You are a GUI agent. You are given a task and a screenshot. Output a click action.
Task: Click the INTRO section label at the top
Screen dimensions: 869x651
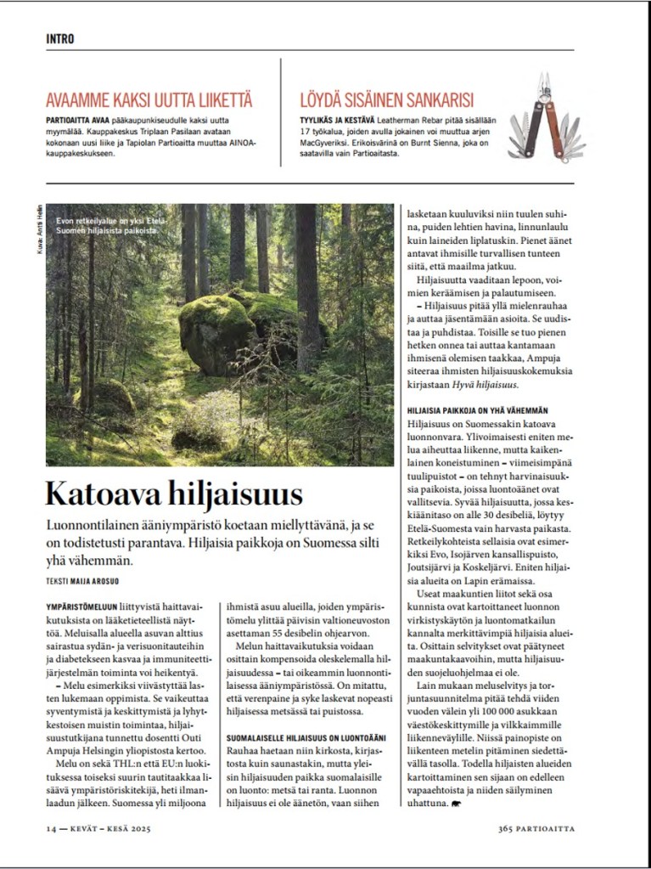click(60, 39)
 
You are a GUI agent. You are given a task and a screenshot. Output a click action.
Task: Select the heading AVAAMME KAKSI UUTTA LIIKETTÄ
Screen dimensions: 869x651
click(149, 100)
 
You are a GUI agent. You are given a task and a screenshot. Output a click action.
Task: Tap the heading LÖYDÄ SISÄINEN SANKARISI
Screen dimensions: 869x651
click(386, 100)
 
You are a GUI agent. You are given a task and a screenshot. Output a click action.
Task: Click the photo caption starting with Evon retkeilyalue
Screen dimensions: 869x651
click(108, 225)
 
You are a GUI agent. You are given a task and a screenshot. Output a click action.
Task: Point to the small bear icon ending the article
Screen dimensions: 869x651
click(456, 803)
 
